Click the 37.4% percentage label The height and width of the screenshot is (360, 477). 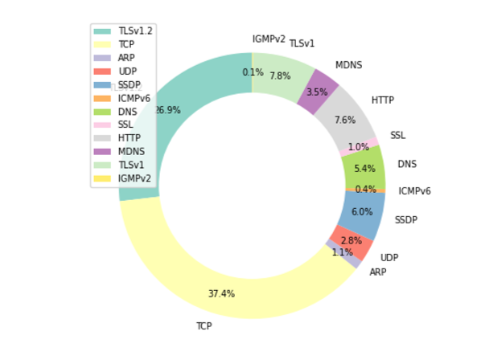pos(221,293)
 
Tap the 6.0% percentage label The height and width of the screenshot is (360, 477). pos(362,212)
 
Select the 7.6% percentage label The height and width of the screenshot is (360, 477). pos(344,121)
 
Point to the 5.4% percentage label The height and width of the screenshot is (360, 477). pos(364,169)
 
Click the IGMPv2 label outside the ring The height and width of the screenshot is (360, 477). pos(269,39)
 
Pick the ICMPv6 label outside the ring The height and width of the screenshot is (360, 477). pos(414,191)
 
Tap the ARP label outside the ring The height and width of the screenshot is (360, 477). pos(378,272)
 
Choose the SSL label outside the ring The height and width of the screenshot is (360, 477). pos(398,136)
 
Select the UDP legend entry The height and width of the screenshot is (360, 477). pos(126,72)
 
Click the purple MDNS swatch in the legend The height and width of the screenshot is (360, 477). pos(102,152)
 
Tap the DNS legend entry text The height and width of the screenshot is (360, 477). pos(127,112)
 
